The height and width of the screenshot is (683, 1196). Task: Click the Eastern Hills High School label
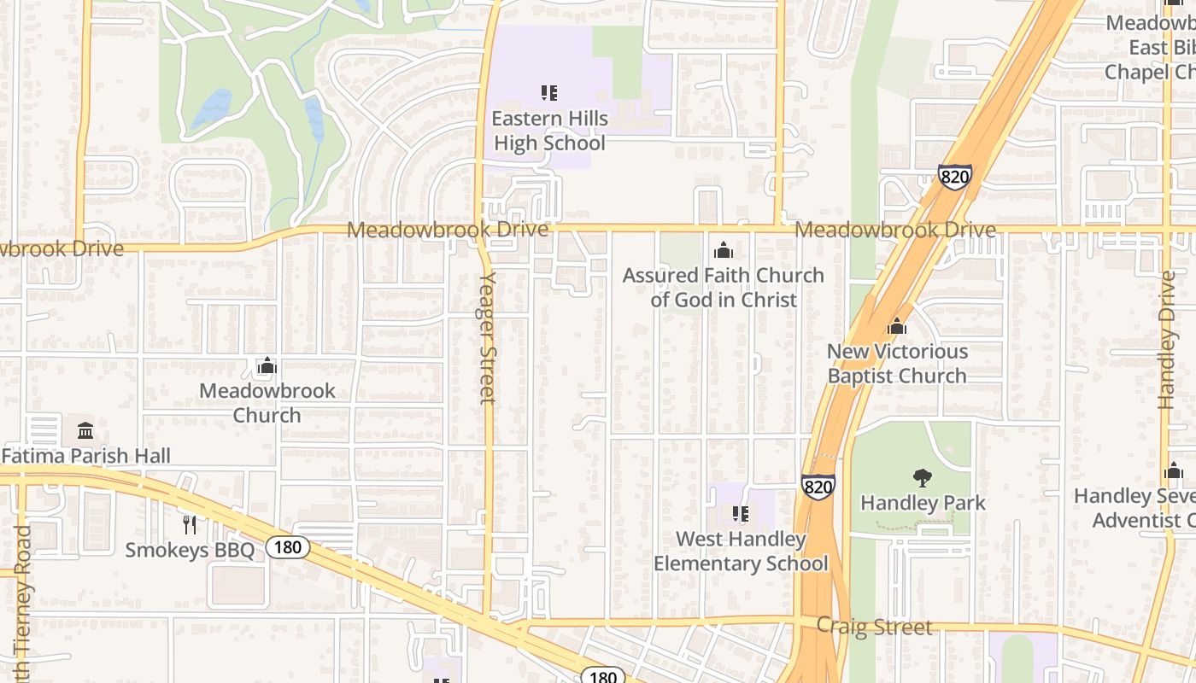pos(550,131)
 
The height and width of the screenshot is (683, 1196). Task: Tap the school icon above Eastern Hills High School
pos(549,92)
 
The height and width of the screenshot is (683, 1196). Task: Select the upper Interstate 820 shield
pos(954,177)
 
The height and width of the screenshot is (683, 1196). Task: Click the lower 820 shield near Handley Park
pos(818,487)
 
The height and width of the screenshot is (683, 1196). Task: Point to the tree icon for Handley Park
pos(923,478)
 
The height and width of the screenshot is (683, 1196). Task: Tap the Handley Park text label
pos(923,503)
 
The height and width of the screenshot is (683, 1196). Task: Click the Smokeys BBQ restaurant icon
pos(190,524)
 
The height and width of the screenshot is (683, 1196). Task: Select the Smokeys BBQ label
pos(190,550)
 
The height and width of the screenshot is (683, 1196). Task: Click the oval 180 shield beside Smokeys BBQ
pos(287,547)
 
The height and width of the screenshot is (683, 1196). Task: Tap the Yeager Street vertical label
pos(487,337)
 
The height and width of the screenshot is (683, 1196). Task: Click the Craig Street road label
pos(874,627)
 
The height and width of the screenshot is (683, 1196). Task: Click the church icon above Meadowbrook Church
pos(267,366)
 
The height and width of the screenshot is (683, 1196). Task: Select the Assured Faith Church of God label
pos(723,287)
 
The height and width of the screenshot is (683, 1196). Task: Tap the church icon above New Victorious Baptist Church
pos(897,326)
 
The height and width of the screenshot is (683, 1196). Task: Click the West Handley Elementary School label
pos(741,552)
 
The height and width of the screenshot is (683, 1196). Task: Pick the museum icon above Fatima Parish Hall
pos(85,430)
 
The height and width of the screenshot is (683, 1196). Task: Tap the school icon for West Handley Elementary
pos(740,513)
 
